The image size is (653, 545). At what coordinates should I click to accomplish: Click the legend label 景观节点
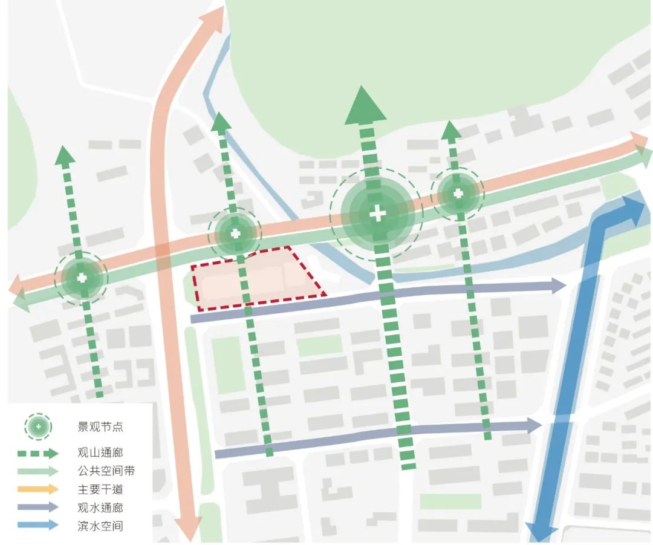point(100,427)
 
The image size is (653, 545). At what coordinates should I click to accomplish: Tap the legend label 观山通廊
point(100,452)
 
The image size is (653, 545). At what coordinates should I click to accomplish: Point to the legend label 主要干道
point(100,489)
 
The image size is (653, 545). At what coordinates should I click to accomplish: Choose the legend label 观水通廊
point(100,507)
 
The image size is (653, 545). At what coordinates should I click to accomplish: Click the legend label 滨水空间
point(100,526)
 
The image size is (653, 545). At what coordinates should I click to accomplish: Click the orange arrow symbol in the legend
point(37,489)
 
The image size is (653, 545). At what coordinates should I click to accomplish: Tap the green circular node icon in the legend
point(37,427)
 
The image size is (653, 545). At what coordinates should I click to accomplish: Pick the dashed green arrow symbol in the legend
point(37,452)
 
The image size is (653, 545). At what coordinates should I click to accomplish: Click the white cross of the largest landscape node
point(377,214)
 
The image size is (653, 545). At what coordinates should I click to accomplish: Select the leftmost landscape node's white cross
point(82,278)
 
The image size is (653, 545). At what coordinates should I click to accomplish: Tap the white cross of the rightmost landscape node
point(458,194)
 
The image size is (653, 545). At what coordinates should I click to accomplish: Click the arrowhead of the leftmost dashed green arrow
point(65,155)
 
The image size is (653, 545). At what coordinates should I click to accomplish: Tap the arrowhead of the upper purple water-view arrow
point(559,286)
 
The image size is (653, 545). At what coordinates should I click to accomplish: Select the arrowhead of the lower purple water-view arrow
point(534,425)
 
